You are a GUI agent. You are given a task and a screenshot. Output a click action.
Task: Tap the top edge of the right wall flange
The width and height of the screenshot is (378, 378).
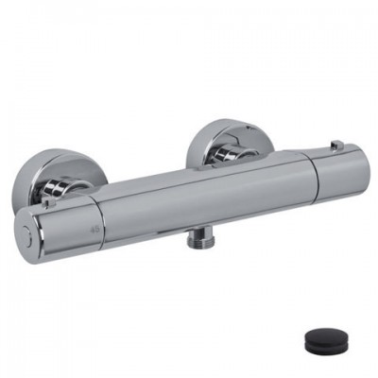tap(232, 120)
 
